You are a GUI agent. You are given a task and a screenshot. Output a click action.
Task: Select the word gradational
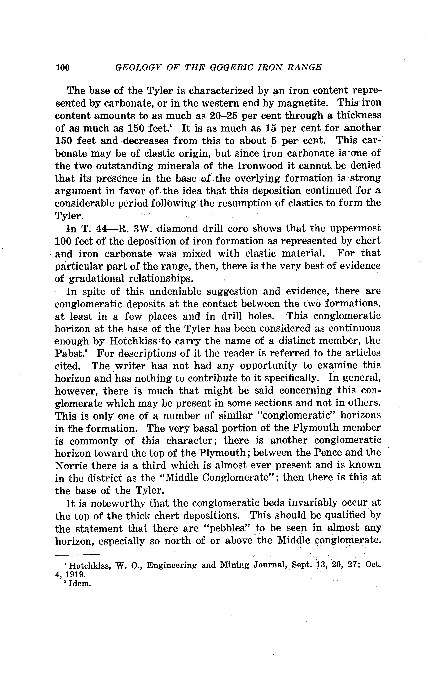[96, 279]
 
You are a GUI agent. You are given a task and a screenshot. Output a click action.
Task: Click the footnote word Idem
[79, 584]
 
